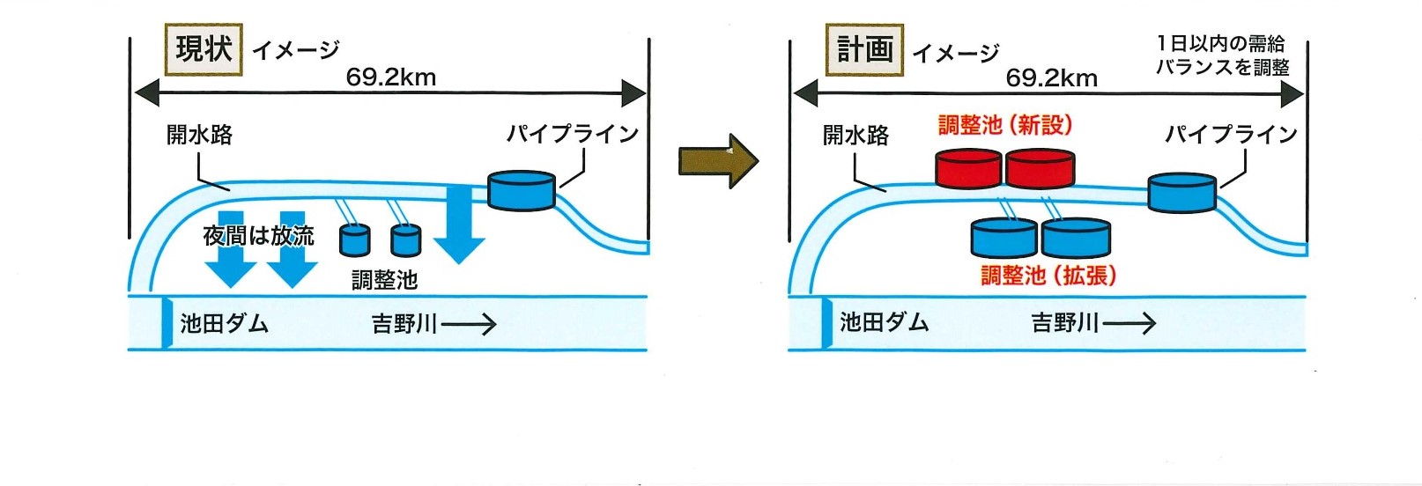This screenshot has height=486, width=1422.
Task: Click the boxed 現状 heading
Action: [204, 49]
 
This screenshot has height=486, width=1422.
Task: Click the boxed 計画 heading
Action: [864, 50]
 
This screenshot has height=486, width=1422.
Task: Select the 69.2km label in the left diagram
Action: [390, 77]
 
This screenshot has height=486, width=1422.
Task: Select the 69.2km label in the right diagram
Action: [1051, 77]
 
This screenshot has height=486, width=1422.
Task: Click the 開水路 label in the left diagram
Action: [200, 135]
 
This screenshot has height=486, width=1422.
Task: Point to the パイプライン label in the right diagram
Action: [1231, 134]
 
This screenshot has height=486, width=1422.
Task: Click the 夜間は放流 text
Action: [258, 236]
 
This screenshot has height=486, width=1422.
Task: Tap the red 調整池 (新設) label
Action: [1005, 125]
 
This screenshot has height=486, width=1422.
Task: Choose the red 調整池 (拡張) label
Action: [1048, 276]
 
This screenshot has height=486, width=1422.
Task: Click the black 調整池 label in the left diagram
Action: [384, 280]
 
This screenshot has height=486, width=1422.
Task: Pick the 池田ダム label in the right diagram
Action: [884, 322]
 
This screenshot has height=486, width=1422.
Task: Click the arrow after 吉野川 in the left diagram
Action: [470, 325]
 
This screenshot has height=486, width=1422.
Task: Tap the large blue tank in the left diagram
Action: [522, 190]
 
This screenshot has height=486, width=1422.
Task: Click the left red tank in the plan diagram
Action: [968, 169]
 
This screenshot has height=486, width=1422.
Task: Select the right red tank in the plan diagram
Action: [1041, 169]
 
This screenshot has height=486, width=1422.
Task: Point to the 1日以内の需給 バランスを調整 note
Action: [1222, 55]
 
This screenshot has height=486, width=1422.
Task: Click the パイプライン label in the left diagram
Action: [572, 134]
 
